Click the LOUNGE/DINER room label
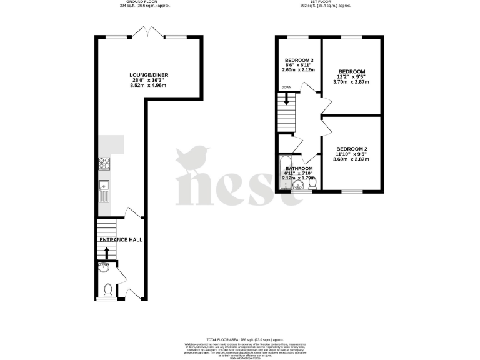(149, 75)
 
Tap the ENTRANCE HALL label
(121, 240)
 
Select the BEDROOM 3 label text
(299, 60)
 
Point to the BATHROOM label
(299, 169)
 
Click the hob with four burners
(104, 164)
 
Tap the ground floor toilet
(107, 290)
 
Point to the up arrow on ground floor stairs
(106, 252)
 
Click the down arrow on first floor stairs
(287, 98)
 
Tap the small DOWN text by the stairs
(287, 87)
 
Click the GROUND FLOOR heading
(144, 2)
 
